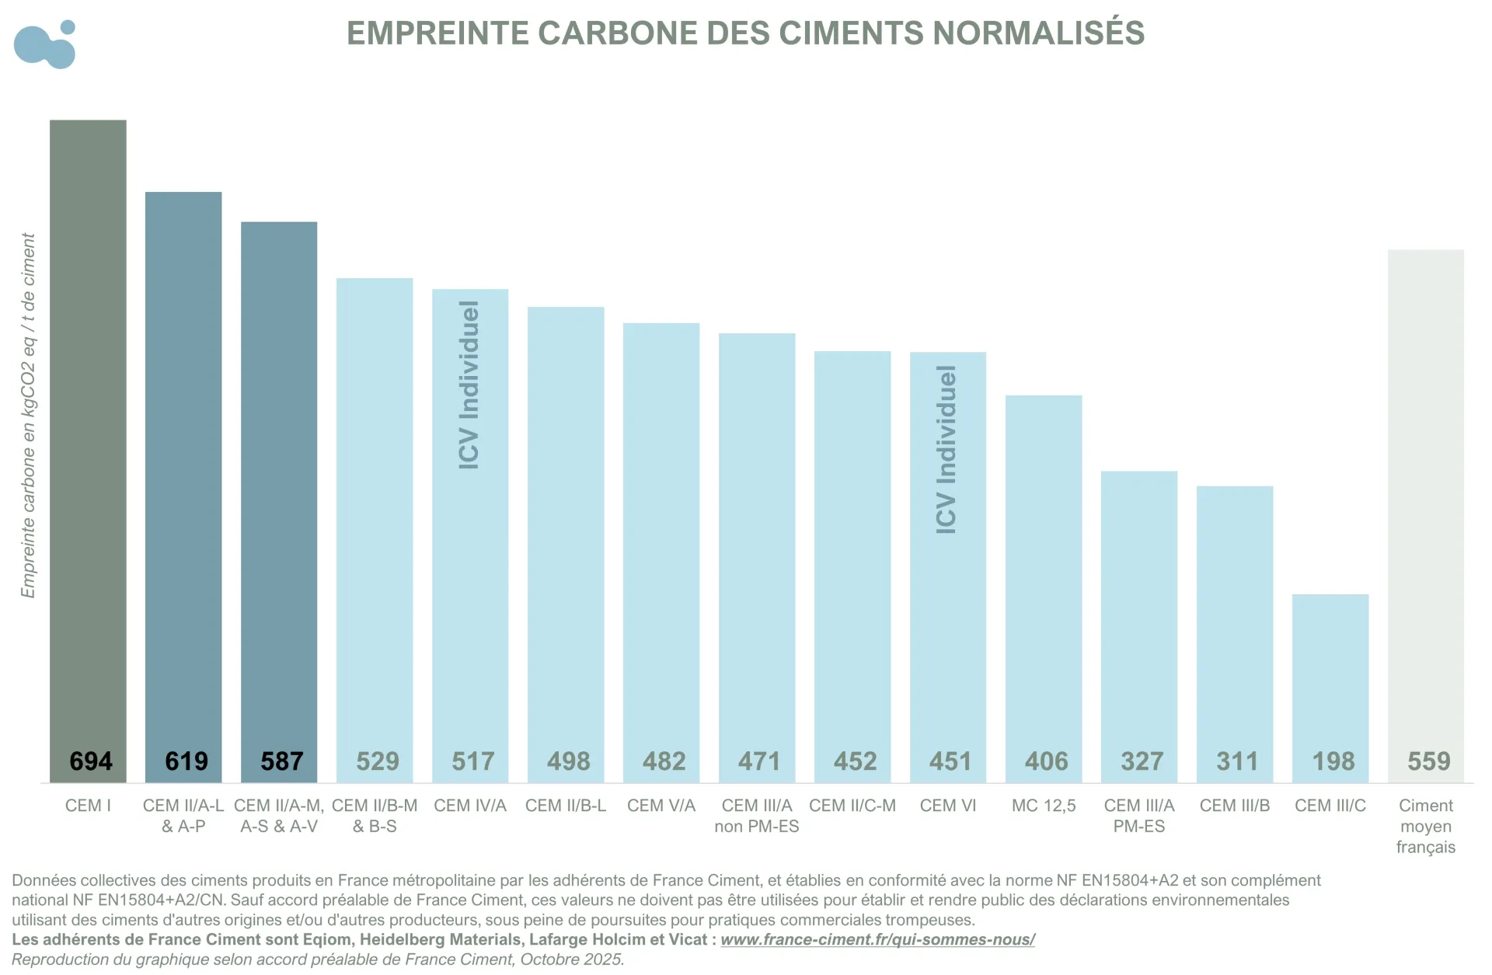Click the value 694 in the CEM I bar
90,761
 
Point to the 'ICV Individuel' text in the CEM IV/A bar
469,385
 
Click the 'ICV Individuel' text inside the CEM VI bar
946,450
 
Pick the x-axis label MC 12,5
1043,806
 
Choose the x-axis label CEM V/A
661,806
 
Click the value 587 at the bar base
281,761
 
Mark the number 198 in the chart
1333,761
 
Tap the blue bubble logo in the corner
45,44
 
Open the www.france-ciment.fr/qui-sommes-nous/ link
877,939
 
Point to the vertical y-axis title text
28,416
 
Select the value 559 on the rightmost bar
1428,761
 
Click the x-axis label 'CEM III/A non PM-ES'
756,816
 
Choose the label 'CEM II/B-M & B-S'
375,816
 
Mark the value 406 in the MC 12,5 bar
1046,761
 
